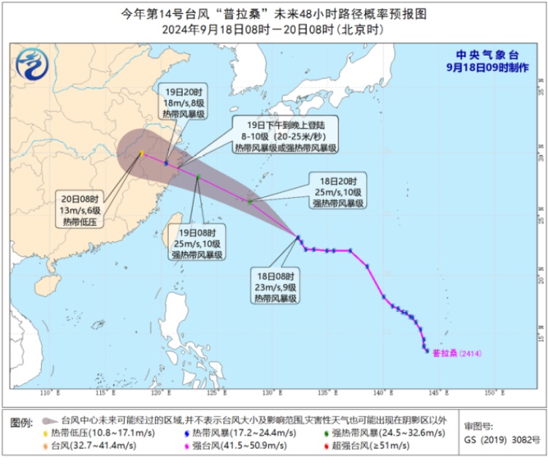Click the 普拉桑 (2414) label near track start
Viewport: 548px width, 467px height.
coord(457,353)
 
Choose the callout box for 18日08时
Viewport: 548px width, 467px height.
coord(275,287)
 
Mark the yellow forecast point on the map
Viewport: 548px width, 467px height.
coord(142,153)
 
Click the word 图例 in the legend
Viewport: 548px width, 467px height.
coord(23,422)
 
